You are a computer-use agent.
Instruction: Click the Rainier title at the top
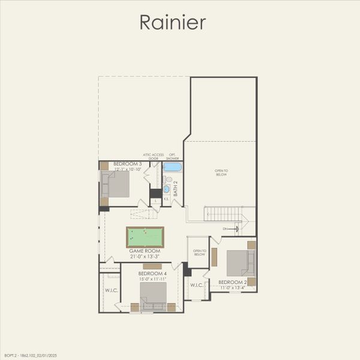tap(173, 22)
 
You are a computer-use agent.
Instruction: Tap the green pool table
tap(145, 237)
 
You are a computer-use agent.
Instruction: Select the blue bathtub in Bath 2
tap(173, 167)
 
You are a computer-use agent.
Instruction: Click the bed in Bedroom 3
tap(118, 185)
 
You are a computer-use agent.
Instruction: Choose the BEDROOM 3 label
tap(127, 164)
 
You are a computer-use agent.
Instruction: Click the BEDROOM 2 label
tap(233, 282)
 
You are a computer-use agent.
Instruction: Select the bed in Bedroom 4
tap(154, 294)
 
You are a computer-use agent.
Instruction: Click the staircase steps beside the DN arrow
tap(223, 214)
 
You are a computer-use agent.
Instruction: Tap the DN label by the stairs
tap(225, 229)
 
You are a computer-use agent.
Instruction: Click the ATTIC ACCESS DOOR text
tap(153, 156)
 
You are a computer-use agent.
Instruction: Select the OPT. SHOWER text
tap(173, 156)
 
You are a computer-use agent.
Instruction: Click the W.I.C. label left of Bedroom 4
tap(112, 291)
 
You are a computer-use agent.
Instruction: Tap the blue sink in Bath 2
tap(166, 189)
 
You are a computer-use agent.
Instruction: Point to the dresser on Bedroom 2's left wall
tap(214, 257)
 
